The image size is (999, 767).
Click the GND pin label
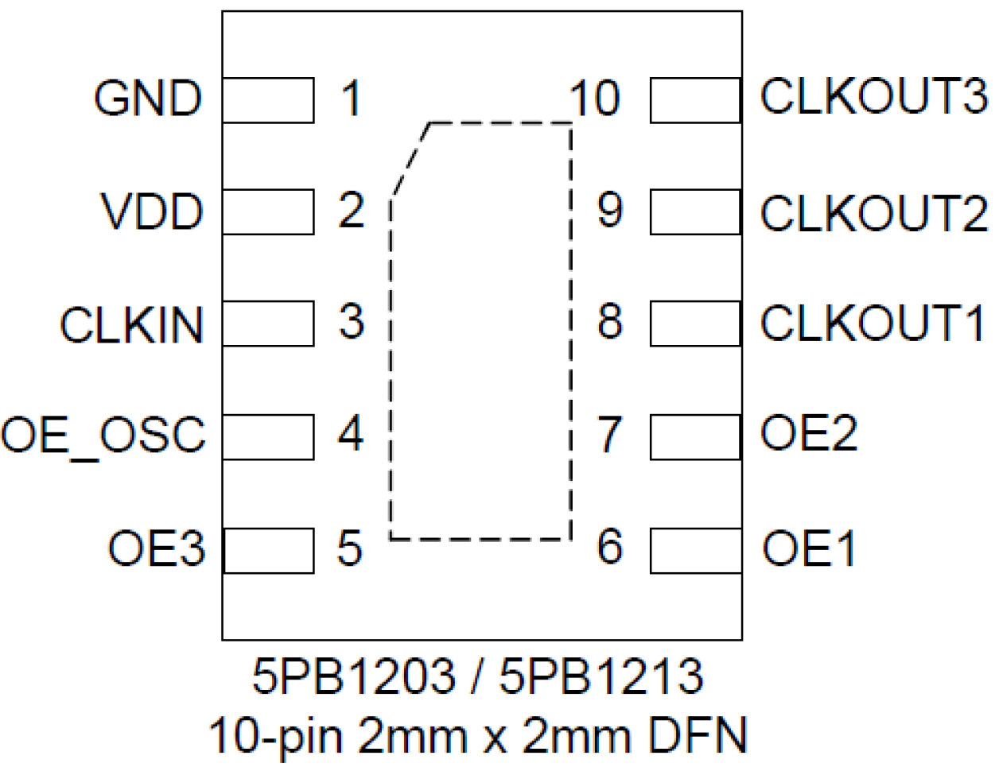click(148, 99)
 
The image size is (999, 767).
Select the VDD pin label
click(152, 211)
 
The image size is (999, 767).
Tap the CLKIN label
click(132, 325)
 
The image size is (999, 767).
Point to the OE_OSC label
click(103, 436)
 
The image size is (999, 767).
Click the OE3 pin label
click(157, 548)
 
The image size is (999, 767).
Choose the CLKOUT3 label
click(873, 97)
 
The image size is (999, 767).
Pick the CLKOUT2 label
click(873, 213)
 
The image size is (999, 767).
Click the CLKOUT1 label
click(873, 323)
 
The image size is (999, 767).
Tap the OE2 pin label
click(809, 433)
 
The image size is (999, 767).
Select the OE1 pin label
click(809, 548)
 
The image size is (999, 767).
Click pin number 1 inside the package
click(351, 99)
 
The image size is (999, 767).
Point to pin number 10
click(594, 99)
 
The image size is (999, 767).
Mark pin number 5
click(350, 548)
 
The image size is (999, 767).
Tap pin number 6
click(609, 547)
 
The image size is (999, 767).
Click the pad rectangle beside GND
click(268, 100)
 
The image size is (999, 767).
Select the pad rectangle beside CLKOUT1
click(695, 323)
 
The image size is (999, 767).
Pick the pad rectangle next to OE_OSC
click(268, 436)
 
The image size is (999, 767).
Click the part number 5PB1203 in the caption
click(354, 676)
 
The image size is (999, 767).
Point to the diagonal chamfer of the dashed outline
click(410, 160)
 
